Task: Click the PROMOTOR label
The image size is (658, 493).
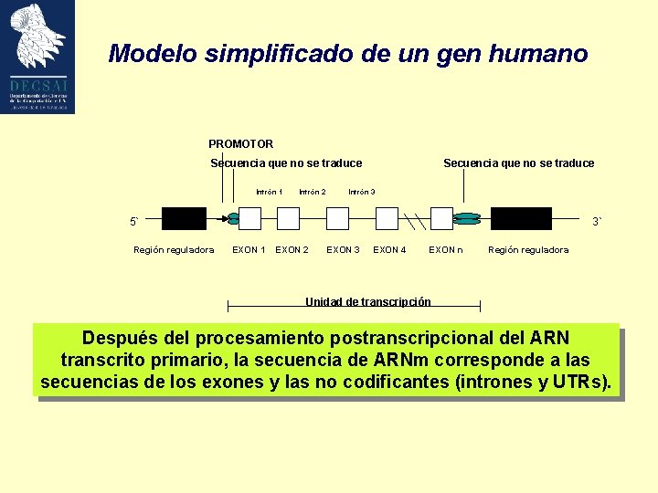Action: point(240,143)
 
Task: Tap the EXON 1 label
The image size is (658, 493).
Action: point(249,249)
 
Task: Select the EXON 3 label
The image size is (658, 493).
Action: point(343,249)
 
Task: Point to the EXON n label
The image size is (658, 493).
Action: point(446,249)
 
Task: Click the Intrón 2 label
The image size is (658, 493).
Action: point(312,192)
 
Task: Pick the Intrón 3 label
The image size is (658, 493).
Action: point(361,192)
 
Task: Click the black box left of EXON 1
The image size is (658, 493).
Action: point(184,218)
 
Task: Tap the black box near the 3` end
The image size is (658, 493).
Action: point(522,218)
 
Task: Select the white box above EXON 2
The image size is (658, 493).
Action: point(289,218)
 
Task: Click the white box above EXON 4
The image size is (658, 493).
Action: point(387,218)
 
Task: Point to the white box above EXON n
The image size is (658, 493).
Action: point(441,218)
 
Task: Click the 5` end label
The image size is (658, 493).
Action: point(133,222)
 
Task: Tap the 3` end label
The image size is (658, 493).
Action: point(596,222)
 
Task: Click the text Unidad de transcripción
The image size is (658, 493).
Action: point(367,301)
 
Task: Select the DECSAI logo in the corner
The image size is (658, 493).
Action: point(37,57)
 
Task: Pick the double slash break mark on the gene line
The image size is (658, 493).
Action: point(415,220)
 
